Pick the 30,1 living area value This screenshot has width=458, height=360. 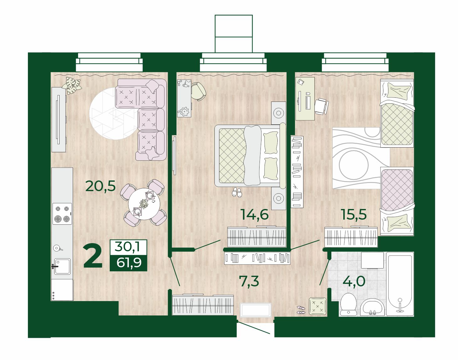[x=128, y=247]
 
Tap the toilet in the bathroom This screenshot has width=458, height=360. [x=348, y=304]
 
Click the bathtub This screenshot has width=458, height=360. [x=400, y=284]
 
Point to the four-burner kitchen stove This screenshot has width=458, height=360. [x=62, y=214]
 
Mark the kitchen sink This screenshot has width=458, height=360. [x=62, y=266]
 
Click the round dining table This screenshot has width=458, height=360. [x=144, y=204]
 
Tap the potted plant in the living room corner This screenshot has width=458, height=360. [x=71, y=85]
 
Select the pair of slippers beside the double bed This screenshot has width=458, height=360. [x=237, y=192]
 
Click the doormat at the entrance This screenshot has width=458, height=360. [x=255, y=310]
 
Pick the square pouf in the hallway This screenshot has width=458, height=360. [x=318, y=306]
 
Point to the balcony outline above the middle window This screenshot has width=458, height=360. [x=234, y=34]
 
